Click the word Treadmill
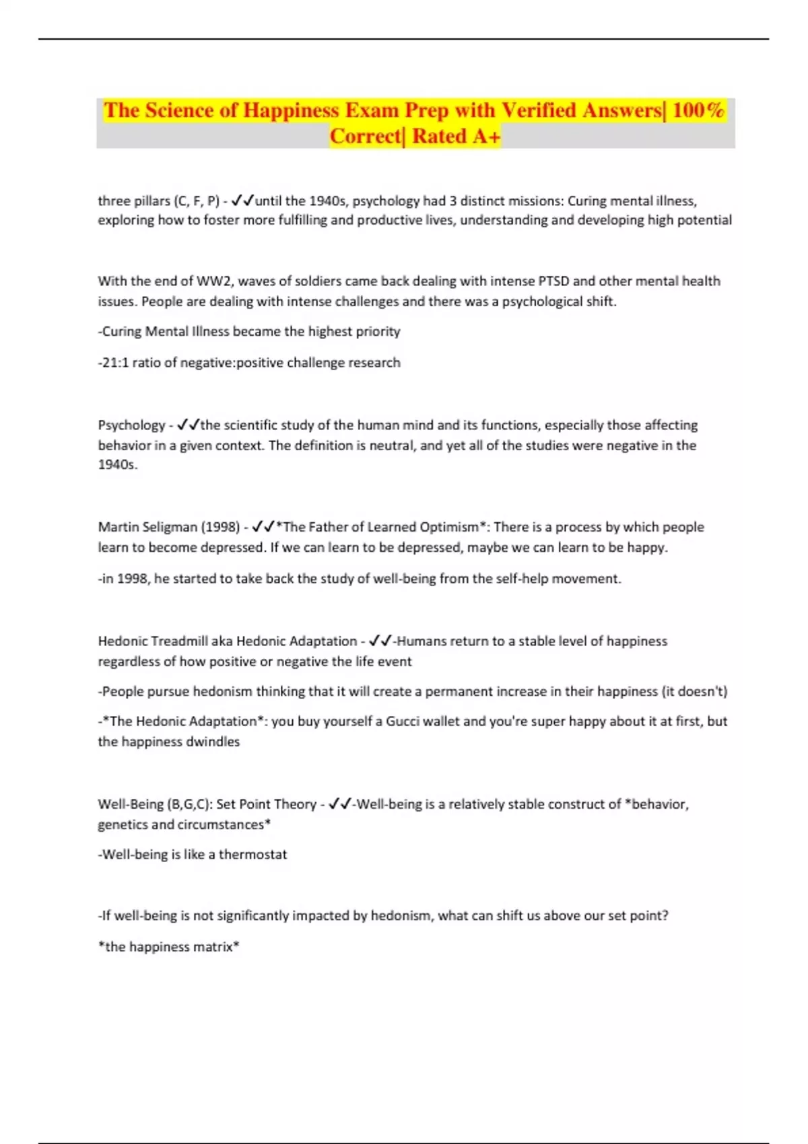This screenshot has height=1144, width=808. [x=179, y=641]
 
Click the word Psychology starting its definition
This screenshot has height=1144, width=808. [x=131, y=425]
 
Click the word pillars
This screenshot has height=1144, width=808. [x=152, y=201]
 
